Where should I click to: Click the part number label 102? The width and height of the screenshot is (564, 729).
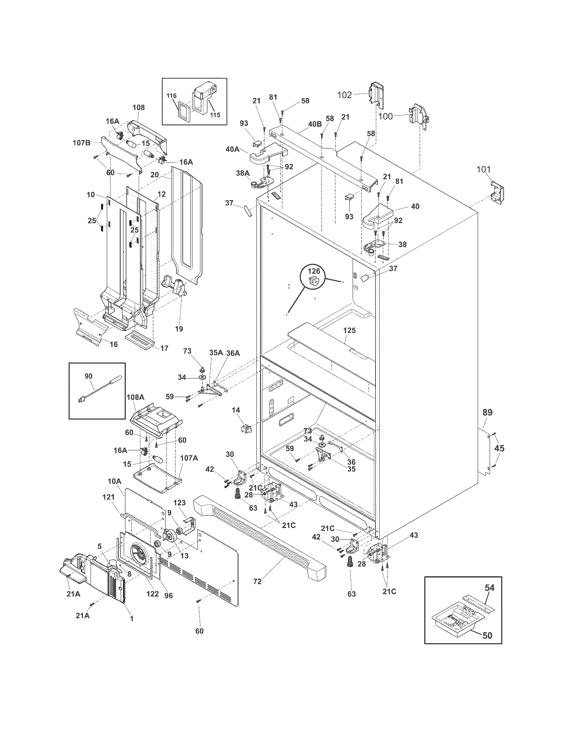pyautogui.click(x=344, y=95)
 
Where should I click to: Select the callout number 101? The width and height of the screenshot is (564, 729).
pyautogui.click(x=483, y=169)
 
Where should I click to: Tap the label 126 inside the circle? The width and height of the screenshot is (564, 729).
pyautogui.click(x=314, y=271)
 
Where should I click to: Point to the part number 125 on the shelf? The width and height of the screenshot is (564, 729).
pyautogui.click(x=349, y=330)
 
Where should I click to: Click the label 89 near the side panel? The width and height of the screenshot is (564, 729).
pyautogui.click(x=487, y=413)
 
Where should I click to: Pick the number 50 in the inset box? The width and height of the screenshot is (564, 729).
pyautogui.click(x=487, y=636)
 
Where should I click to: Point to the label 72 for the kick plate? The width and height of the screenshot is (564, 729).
pyautogui.click(x=257, y=582)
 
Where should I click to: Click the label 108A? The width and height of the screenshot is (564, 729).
pyautogui.click(x=135, y=397)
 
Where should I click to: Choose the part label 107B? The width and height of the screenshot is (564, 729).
pyautogui.click(x=82, y=142)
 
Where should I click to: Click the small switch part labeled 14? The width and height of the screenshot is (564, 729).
pyautogui.click(x=246, y=428)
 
